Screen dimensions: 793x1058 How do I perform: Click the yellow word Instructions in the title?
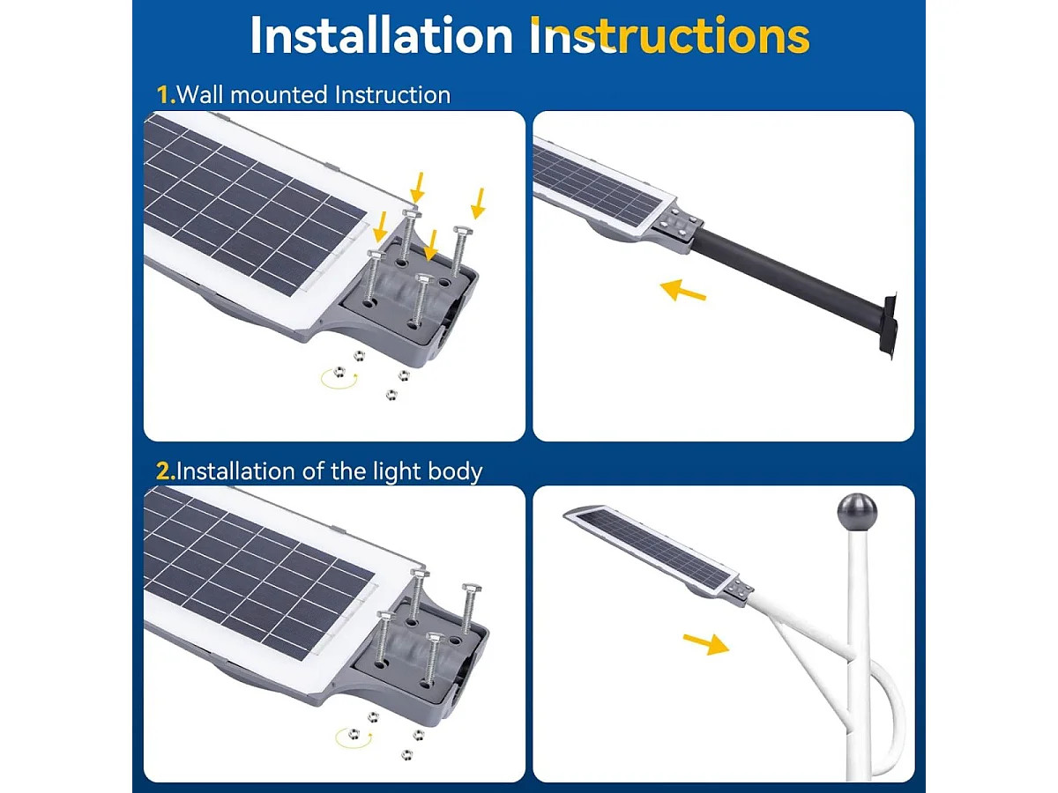tap(670, 36)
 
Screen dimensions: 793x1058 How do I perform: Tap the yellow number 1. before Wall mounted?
tap(166, 94)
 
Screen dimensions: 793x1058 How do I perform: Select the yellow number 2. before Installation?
tap(166, 471)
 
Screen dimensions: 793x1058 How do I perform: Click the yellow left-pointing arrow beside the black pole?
tap(683, 289)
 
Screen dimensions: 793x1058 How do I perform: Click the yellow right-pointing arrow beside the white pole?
tap(705, 643)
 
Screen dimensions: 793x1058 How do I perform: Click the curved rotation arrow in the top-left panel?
tap(337, 379)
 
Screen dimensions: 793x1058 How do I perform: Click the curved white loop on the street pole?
tap(890, 714)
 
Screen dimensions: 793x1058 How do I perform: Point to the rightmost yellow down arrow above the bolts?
tap(478, 203)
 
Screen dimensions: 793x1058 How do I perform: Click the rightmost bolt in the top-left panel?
tap(459, 251)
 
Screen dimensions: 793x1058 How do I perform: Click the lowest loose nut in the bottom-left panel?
tap(406, 753)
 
